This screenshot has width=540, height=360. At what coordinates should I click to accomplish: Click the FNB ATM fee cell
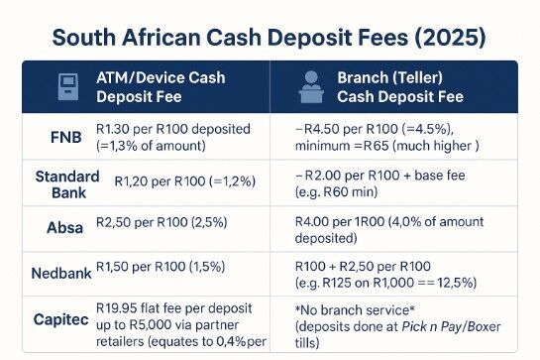coord(168,137)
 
